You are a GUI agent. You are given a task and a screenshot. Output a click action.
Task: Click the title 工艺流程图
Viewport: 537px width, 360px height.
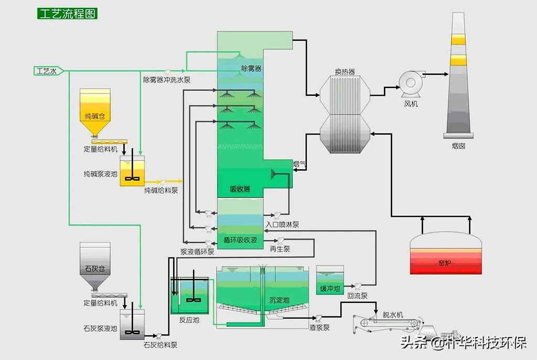(68, 14)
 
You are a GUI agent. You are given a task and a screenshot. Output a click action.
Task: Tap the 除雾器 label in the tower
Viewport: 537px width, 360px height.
(251, 68)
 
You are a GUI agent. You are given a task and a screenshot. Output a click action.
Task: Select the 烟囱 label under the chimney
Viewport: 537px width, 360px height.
(458, 146)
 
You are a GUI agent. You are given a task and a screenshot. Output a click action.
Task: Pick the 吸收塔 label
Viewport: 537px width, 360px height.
(240, 189)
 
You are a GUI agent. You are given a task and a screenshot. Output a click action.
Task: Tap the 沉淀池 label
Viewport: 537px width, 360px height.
(279, 300)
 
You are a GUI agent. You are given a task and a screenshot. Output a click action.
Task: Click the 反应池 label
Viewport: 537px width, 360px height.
(189, 320)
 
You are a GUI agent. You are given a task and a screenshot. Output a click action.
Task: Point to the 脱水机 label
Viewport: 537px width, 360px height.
(392, 315)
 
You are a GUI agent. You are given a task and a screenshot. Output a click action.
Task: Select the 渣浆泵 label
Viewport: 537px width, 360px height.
(319, 328)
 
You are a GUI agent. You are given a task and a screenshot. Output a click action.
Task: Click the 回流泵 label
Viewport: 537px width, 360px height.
(358, 296)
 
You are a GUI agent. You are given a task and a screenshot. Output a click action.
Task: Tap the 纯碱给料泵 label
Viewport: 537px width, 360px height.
(161, 191)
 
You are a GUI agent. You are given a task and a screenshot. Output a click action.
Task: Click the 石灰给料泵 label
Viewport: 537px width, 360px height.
(160, 345)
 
